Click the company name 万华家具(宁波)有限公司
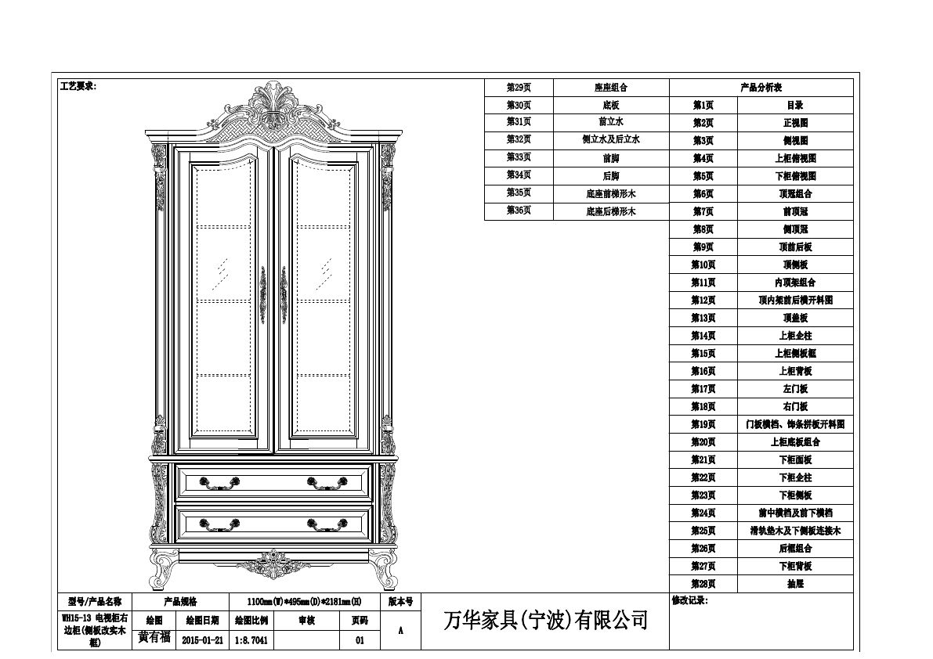pyautogui.click(x=545, y=621)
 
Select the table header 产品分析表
pyautogui.click(x=761, y=88)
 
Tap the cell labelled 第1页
pyautogui.click(x=703, y=105)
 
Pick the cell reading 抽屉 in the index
pyautogui.click(x=794, y=584)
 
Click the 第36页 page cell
pyautogui.click(x=519, y=211)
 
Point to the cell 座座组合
pyautogui.click(x=611, y=88)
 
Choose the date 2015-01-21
pyautogui.click(x=202, y=639)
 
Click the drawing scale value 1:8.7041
pyautogui.click(x=251, y=639)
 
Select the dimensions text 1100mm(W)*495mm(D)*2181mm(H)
pyautogui.click(x=304, y=602)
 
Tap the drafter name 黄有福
pyautogui.click(x=154, y=638)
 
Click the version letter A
pyautogui.click(x=401, y=630)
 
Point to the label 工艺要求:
pyautogui.click(x=78, y=86)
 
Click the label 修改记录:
pyautogui.click(x=689, y=601)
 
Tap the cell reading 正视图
pyautogui.click(x=794, y=123)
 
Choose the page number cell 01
pyautogui.click(x=360, y=639)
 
